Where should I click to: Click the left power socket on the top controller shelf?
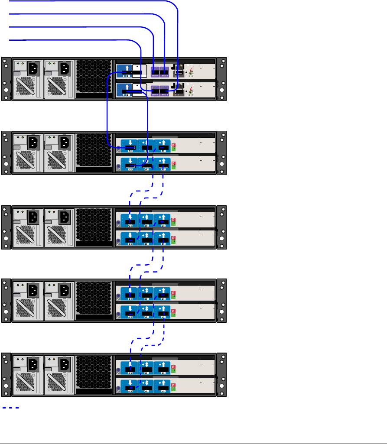click(34, 68)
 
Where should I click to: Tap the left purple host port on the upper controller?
click(155, 71)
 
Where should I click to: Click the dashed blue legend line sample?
click(10, 408)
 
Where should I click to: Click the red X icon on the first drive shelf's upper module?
click(174, 146)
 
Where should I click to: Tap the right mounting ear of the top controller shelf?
click(221, 78)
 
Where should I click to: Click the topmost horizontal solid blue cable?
click(87, 1)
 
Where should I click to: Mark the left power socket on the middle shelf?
click(34, 217)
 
